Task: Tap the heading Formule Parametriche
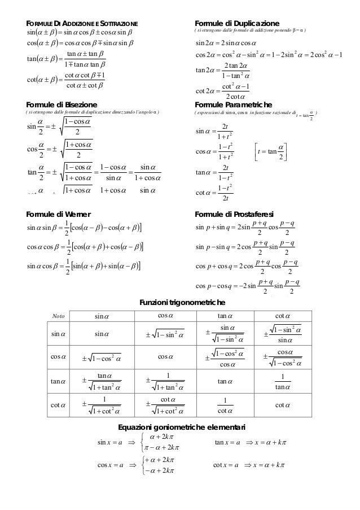233,105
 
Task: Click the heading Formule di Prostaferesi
234,214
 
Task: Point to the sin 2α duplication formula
225,43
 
